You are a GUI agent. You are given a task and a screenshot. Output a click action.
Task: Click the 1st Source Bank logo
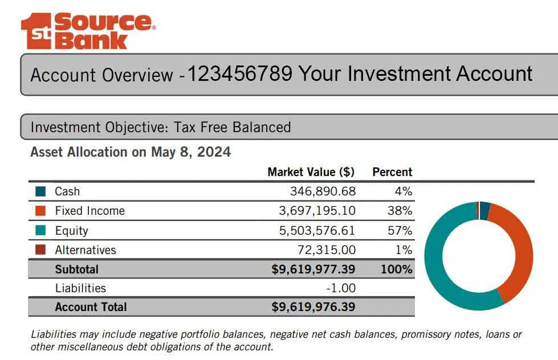pyautogui.click(x=87, y=31)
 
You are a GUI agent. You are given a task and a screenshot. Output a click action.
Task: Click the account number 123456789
pyautogui.click(x=239, y=74)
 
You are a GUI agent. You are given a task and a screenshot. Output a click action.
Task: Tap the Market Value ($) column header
pyautogui.click(x=311, y=172)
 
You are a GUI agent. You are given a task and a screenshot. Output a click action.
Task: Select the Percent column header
pyautogui.click(x=392, y=172)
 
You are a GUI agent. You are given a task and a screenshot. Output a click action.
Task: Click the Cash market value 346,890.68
pyautogui.click(x=323, y=191)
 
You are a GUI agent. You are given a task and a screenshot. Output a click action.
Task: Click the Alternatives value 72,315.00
pyautogui.click(x=327, y=250)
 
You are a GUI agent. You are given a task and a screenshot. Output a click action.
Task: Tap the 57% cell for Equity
pyautogui.click(x=400, y=231)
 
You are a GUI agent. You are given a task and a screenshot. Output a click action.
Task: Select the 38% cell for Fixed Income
pyautogui.click(x=400, y=211)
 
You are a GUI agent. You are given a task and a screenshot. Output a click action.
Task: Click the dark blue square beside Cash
pyautogui.click(x=40, y=191)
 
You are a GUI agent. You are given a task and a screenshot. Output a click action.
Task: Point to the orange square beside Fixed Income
pyautogui.click(x=40, y=211)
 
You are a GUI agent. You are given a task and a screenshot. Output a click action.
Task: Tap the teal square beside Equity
pyautogui.click(x=40, y=231)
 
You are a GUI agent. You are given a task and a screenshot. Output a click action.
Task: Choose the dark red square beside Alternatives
pyautogui.click(x=40, y=250)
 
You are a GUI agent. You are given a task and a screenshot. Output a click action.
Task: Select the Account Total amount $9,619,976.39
pyautogui.click(x=313, y=307)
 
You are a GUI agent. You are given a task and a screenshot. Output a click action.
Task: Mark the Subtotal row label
pyautogui.click(x=76, y=269)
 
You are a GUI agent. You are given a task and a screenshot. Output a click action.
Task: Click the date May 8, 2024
pyautogui.click(x=191, y=152)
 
